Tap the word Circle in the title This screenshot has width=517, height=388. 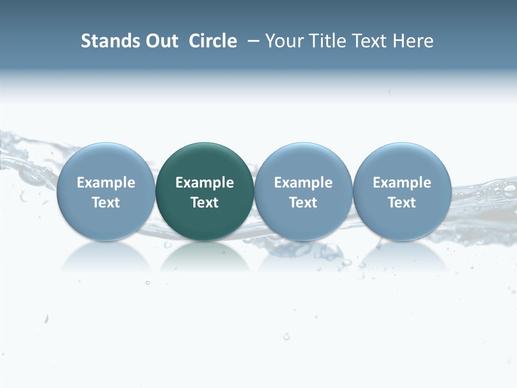point(213,41)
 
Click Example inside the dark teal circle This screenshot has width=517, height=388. point(205,183)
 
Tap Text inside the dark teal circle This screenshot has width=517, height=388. point(205,203)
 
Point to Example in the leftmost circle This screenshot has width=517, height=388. point(106,183)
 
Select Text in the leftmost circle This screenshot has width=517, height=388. point(106,203)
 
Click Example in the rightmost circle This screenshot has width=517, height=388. point(402,183)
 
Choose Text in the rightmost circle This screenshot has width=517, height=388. point(402,203)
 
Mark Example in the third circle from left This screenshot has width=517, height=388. point(303,183)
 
